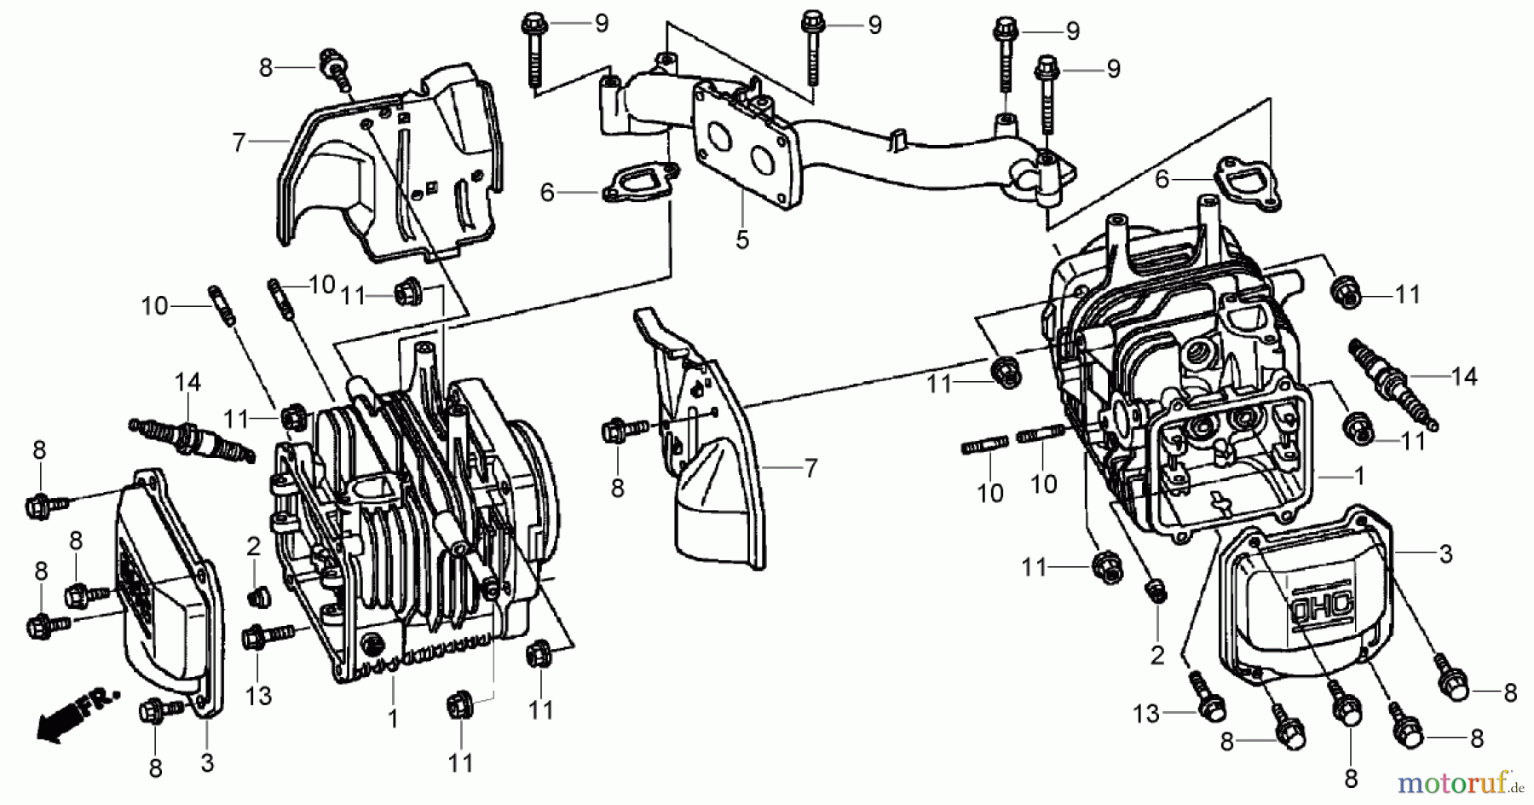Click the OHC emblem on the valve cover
1312,605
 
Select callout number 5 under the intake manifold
742,240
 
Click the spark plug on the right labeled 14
1391,384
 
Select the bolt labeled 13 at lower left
260,635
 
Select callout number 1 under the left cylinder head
393,720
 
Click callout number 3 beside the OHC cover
1445,555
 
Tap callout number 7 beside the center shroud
810,468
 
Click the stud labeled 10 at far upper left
217,307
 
